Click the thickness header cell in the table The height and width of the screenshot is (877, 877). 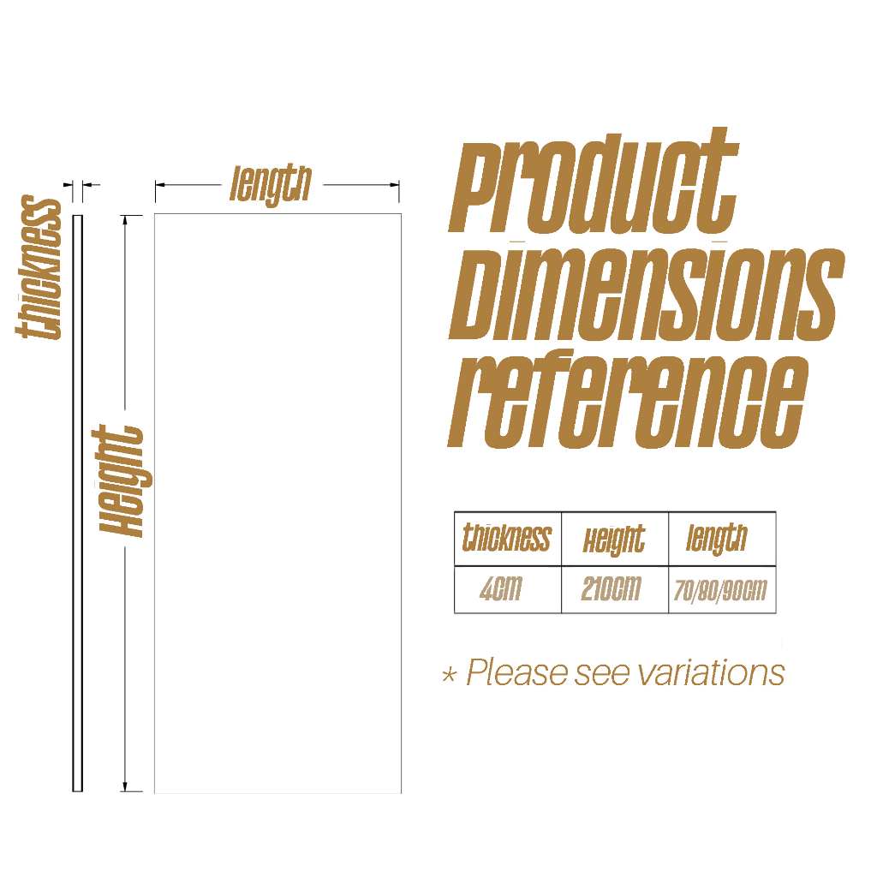click(507, 538)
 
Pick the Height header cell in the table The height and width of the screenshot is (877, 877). click(614, 540)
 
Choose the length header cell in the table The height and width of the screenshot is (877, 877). click(717, 539)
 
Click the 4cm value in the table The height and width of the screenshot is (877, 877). click(500, 590)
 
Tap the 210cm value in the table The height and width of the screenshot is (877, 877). click(611, 590)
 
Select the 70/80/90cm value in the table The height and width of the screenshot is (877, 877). click(719, 591)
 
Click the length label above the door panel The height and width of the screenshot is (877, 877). click(270, 183)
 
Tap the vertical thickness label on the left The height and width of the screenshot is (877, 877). click(40, 268)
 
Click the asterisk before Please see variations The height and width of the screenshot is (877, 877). click(449, 676)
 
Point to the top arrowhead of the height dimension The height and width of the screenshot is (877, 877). click(127, 219)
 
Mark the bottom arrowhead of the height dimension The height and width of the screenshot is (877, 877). click(126, 786)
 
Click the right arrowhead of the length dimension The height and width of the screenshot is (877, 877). click(395, 184)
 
